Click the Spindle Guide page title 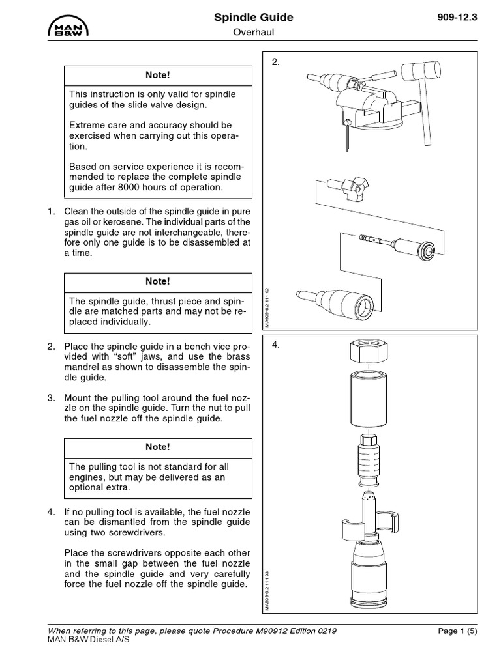[254, 18]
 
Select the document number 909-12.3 [457, 18]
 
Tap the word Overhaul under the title [253, 33]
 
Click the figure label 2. [275, 63]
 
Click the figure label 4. [275, 345]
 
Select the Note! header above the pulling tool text [157, 447]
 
